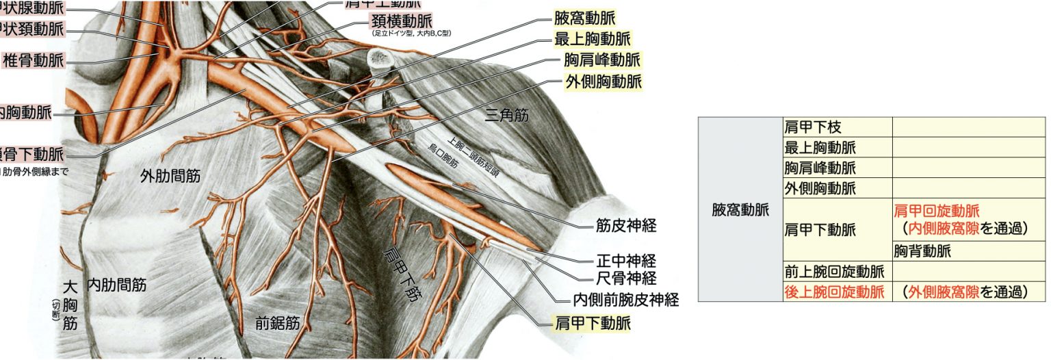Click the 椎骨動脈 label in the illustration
(x=34, y=60)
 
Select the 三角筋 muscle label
(x=507, y=116)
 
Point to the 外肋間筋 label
(x=170, y=176)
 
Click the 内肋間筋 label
(x=116, y=284)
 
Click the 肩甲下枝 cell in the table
(x=812, y=127)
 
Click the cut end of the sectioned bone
(x=381, y=59)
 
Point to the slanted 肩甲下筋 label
(x=402, y=274)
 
